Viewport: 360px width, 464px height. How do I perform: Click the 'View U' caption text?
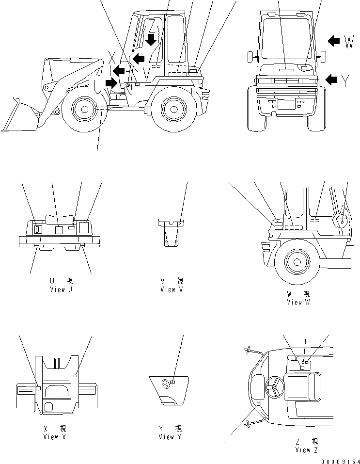click(61, 289)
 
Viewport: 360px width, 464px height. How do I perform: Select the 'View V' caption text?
click(172, 289)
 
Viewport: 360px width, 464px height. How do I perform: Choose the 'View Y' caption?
click(171, 437)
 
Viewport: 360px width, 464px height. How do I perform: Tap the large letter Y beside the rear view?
click(345, 81)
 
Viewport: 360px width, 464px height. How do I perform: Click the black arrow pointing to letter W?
click(333, 41)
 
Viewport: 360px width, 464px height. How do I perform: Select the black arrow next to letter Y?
click(331, 79)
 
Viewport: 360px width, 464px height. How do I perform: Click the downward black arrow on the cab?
click(152, 39)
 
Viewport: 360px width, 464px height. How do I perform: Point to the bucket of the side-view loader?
click(19, 116)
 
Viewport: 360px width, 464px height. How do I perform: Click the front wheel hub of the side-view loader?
click(85, 109)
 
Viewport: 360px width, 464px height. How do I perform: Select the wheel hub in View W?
click(294, 262)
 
